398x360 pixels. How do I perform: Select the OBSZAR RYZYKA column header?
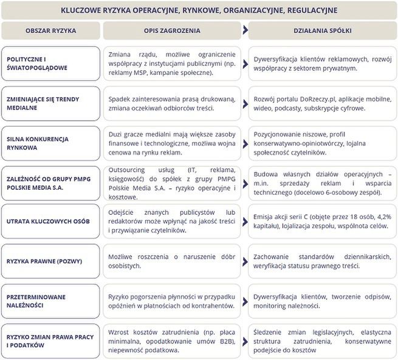[x=50, y=30]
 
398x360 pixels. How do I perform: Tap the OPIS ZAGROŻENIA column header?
[x=172, y=30]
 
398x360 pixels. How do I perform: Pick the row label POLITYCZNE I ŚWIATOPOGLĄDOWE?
[x=36, y=63]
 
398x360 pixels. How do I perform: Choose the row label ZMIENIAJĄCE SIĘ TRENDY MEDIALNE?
[x=42, y=103]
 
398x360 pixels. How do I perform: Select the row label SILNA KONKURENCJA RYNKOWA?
[x=38, y=143]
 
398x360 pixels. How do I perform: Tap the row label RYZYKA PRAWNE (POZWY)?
[x=44, y=261]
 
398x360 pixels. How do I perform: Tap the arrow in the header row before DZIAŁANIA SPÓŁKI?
[x=244, y=30]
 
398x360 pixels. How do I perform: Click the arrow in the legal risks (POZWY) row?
[x=244, y=261]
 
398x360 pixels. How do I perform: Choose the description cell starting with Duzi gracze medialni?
[x=172, y=143]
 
